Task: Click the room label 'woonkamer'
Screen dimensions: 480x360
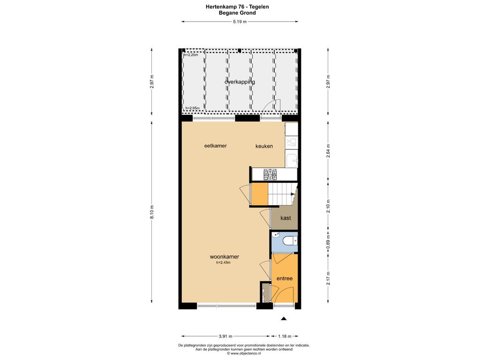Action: pyautogui.click(x=224, y=257)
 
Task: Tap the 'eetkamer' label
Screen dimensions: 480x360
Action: pyautogui.click(x=216, y=146)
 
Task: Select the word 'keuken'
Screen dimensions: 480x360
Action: pyautogui.click(x=264, y=146)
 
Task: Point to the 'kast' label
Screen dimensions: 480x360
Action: pyautogui.click(x=285, y=218)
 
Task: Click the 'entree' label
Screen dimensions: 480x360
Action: pyautogui.click(x=285, y=278)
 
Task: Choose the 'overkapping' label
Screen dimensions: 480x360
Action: pyautogui.click(x=240, y=82)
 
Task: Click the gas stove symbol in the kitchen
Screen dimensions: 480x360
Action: pyautogui.click(x=270, y=175)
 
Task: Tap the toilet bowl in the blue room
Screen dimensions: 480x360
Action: pyautogui.click(x=290, y=241)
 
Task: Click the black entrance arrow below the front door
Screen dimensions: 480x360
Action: pyautogui.click(x=284, y=319)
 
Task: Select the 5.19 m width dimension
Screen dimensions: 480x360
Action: pyautogui.click(x=240, y=22)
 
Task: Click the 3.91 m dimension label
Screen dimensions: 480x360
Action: pyautogui.click(x=225, y=336)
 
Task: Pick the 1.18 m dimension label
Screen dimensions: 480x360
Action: pyautogui.click(x=285, y=336)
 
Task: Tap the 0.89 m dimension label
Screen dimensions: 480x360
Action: pyautogui.click(x=328, y=242)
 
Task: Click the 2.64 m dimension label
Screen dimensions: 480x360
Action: pyautogui.click(x=328, y=150)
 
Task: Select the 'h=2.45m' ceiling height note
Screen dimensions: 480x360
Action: pyautogui.click(x=224, y=262)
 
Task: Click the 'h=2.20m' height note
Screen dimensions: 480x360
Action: pyautogui.click(x=191, y=55)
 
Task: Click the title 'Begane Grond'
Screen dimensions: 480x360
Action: pyautogui.click(x=237, y=13)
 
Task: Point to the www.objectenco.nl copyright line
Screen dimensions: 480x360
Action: pyautogui.click(x=244, y=353)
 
